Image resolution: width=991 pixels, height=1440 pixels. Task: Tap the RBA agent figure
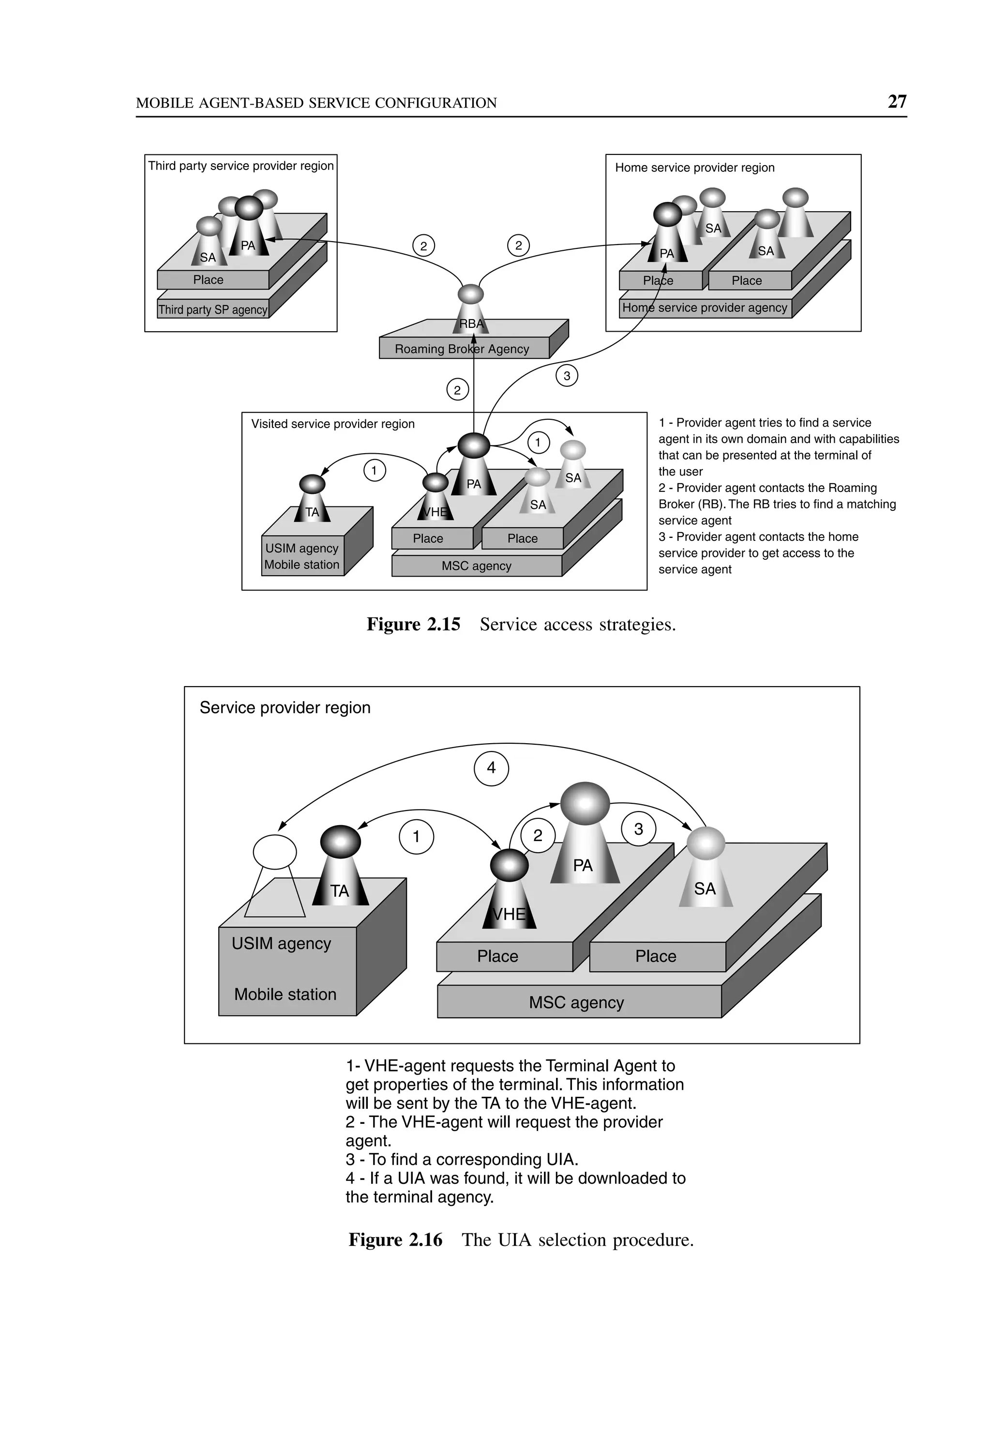click(471, 311)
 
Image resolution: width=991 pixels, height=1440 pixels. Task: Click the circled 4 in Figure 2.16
click(491, 768)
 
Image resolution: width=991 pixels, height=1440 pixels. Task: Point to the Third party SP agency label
click(213, 309)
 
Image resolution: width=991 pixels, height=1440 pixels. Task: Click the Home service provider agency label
click(704, 307)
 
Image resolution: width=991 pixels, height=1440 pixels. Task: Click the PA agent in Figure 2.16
click(584, 836)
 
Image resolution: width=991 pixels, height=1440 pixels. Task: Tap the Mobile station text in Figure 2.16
click(285, 995)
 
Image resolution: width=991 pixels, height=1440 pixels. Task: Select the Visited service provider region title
click(332, 424)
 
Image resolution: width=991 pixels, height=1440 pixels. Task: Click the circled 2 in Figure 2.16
click(538, 836)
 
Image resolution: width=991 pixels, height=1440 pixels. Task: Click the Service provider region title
click(285, 707)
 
